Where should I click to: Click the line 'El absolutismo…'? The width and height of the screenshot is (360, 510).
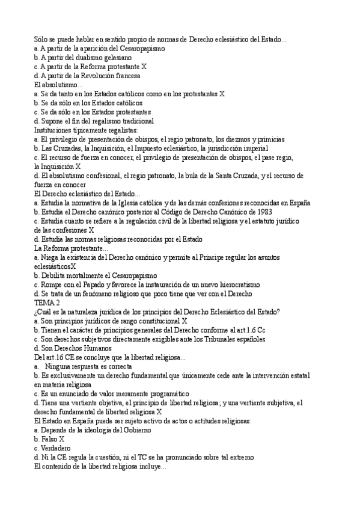(x=59, y=85)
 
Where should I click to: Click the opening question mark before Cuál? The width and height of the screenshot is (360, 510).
(x=36, y=312)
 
